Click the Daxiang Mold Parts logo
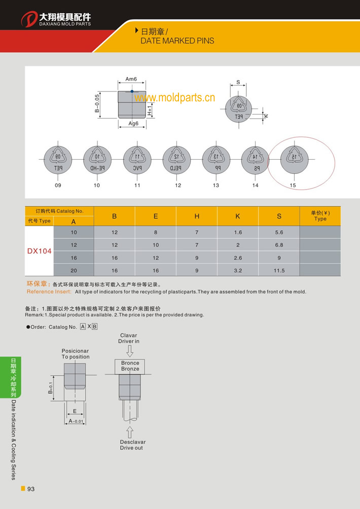tap(56, 19)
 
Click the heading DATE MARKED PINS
tap(177, 41)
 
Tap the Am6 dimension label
tap(131, 79)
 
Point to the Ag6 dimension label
tap(133, 123)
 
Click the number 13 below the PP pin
tap(216, 186)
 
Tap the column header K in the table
tap(237, 216)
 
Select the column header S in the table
tap(279, 216)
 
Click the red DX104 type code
tap(39, 251)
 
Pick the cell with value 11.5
tap(279, 271)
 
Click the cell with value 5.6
tap(279, 232)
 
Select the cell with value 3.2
tap(237, 271)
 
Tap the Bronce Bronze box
tap(130, 366)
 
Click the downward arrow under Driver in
tap(130, 351)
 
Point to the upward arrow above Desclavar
tap(130, 432)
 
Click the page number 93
tap(31, 489)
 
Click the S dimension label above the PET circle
tap(238, 82)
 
